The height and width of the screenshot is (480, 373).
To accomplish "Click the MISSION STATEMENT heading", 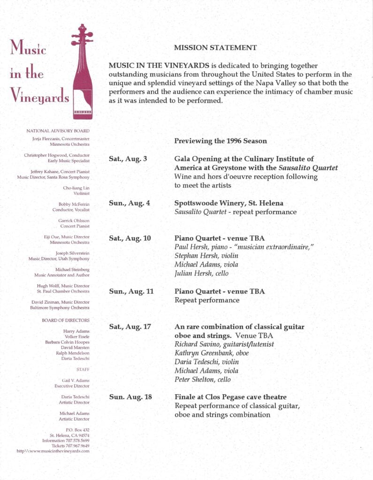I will click(215, 47).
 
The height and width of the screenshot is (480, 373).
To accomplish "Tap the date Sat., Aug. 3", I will click(128, 159).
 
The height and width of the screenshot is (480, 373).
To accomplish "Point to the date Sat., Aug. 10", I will click(130, 238).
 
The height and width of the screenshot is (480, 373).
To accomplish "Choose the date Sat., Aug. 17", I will click(130, 327).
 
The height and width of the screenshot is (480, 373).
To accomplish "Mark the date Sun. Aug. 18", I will click(130, 397).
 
